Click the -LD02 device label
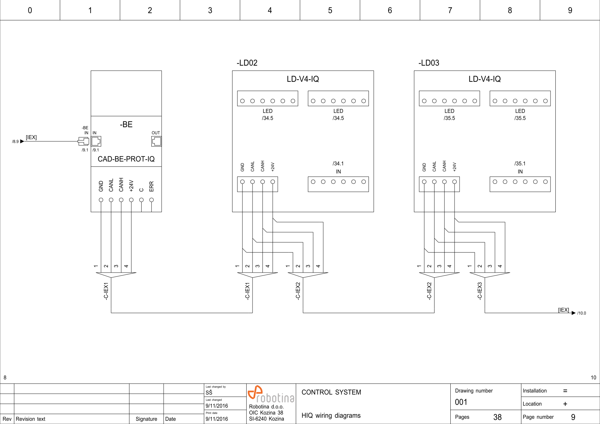[x=247, y=63]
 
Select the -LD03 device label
[x=429, y=63]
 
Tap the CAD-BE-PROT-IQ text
[x=126, y=159]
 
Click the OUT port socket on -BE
[x=156, y=141]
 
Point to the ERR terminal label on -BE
[x=151, y=186]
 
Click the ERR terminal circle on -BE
[x=151, y=200]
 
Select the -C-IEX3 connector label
[x=479, y=291]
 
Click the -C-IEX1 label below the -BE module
[x=106, y=291]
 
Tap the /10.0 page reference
[x=582, y=313]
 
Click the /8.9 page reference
[x=15, y=141]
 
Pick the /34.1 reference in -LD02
[x=338, y=164]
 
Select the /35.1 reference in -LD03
[x=520, y=164]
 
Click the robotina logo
[x=271, y=394]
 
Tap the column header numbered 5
[x=330, y=10]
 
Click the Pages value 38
[x=497, y=417]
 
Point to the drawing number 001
[x=461, y=402]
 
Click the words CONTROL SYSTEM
[x=331, y=392]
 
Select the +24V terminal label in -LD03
[x=454, y=167]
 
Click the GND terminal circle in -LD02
[x=242, y=182]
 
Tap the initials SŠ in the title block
[x=209, y=392]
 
